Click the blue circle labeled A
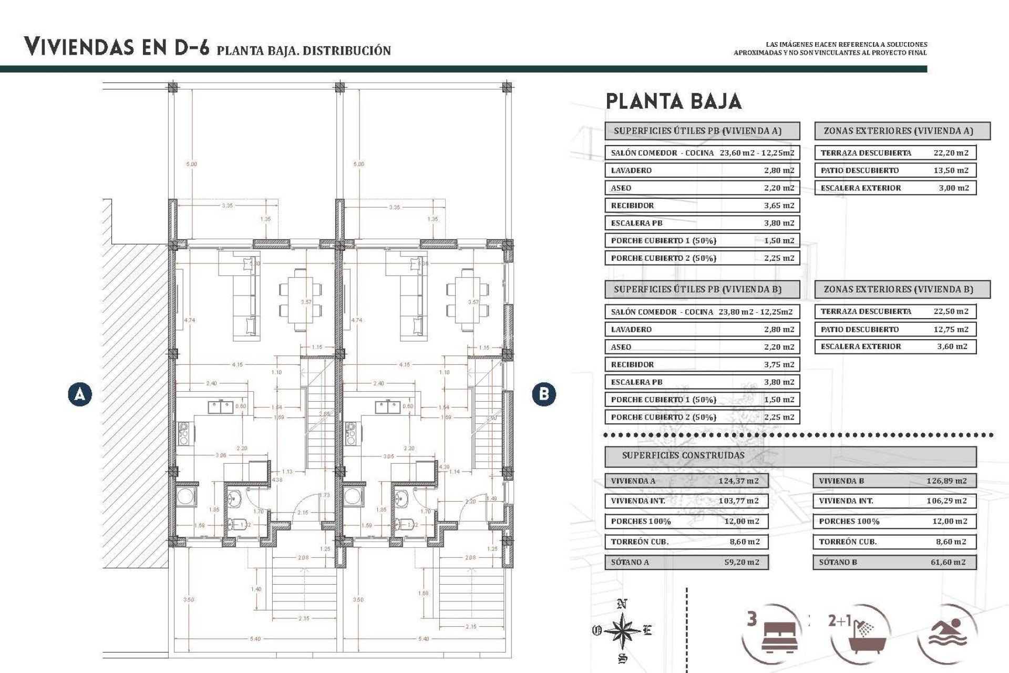(x=80, y=394)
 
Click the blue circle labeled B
(x=544, y=394)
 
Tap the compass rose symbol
(x=622, y=630)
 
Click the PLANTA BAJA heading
(x=674, y=101)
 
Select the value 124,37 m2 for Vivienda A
(x=738, y=481)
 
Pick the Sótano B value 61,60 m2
(x=948, y=562)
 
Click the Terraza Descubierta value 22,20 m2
(x=951, y=153)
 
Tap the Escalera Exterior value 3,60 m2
(x=952, y=346)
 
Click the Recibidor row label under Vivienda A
(x=633, y=206)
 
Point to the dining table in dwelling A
(x=301, y=300)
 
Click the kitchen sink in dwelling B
(x=388, y=407)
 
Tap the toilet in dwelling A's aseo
(x=239, y=524)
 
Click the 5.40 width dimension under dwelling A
(x=255, y=639)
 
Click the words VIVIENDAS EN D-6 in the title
(x=117, y=47)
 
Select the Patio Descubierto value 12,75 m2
(x=951, y=329)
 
